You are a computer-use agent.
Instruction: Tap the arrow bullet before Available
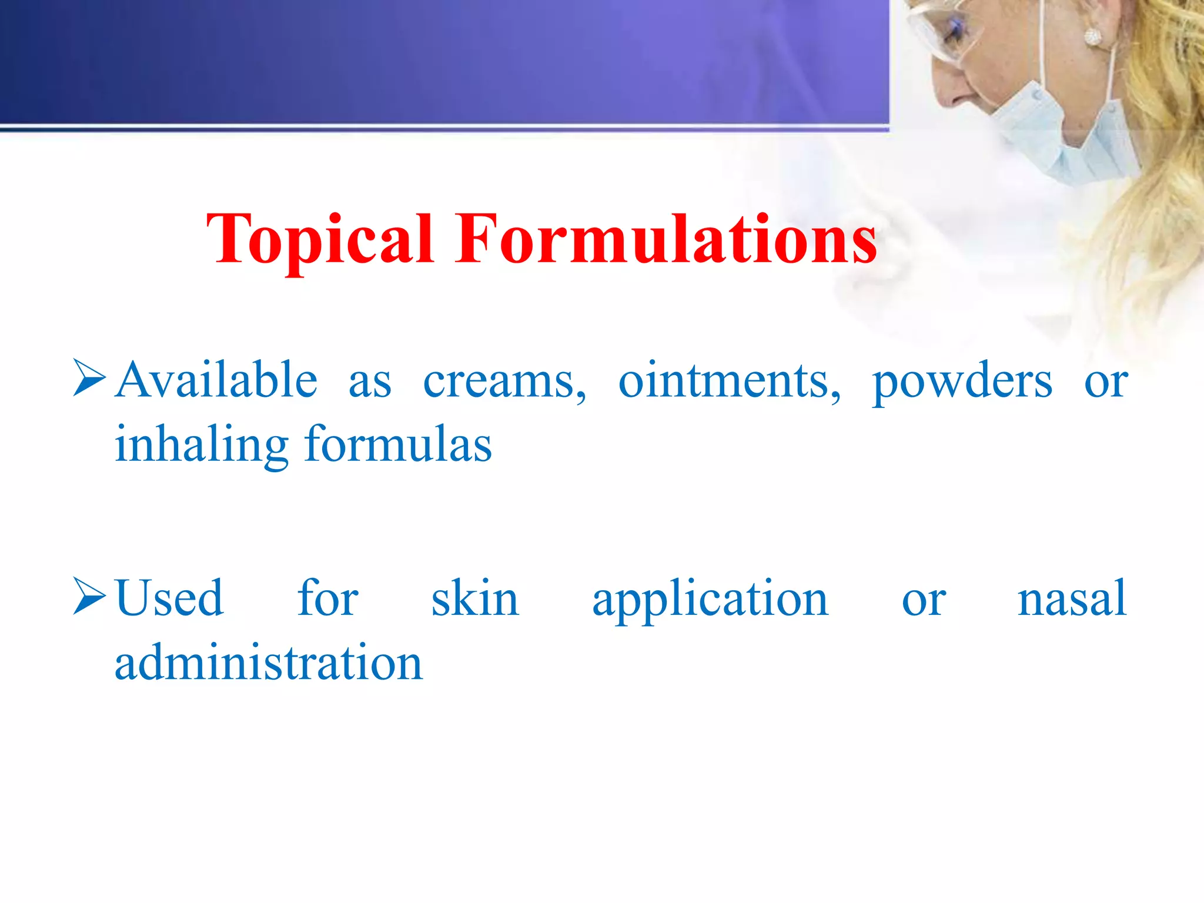pyautogui.click(x=89, y=378)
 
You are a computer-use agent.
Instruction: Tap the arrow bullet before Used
pyautogui.click(x=89, y=597)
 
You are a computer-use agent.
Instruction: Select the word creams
pyautogui.click(x=504, y=382)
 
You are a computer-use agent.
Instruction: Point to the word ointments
pyautogui.click(x=730, y=382)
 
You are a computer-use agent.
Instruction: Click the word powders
pyautogui.click(x=962, y=382)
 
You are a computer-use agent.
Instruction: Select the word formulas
pyautogui.click(x=398, y=445)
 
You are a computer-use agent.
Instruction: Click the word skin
pyautogui.click(x=475, y=598)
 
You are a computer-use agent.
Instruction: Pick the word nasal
pyautogui.click(x=1071, y=598)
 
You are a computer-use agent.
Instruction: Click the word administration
pyautogui.click(x=269, y=663)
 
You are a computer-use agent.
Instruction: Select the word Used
pyautogui.click(x=169, y=598)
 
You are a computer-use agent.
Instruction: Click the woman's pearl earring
pyautogui.click(x=1092, y=36)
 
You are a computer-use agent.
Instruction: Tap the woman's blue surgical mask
pyautogui.click(x=1058, y=132)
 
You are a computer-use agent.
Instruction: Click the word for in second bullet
pyautogui.click(x=327, y=598)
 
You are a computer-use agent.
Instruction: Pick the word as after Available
pyautogui.click(x=370, y=383)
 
